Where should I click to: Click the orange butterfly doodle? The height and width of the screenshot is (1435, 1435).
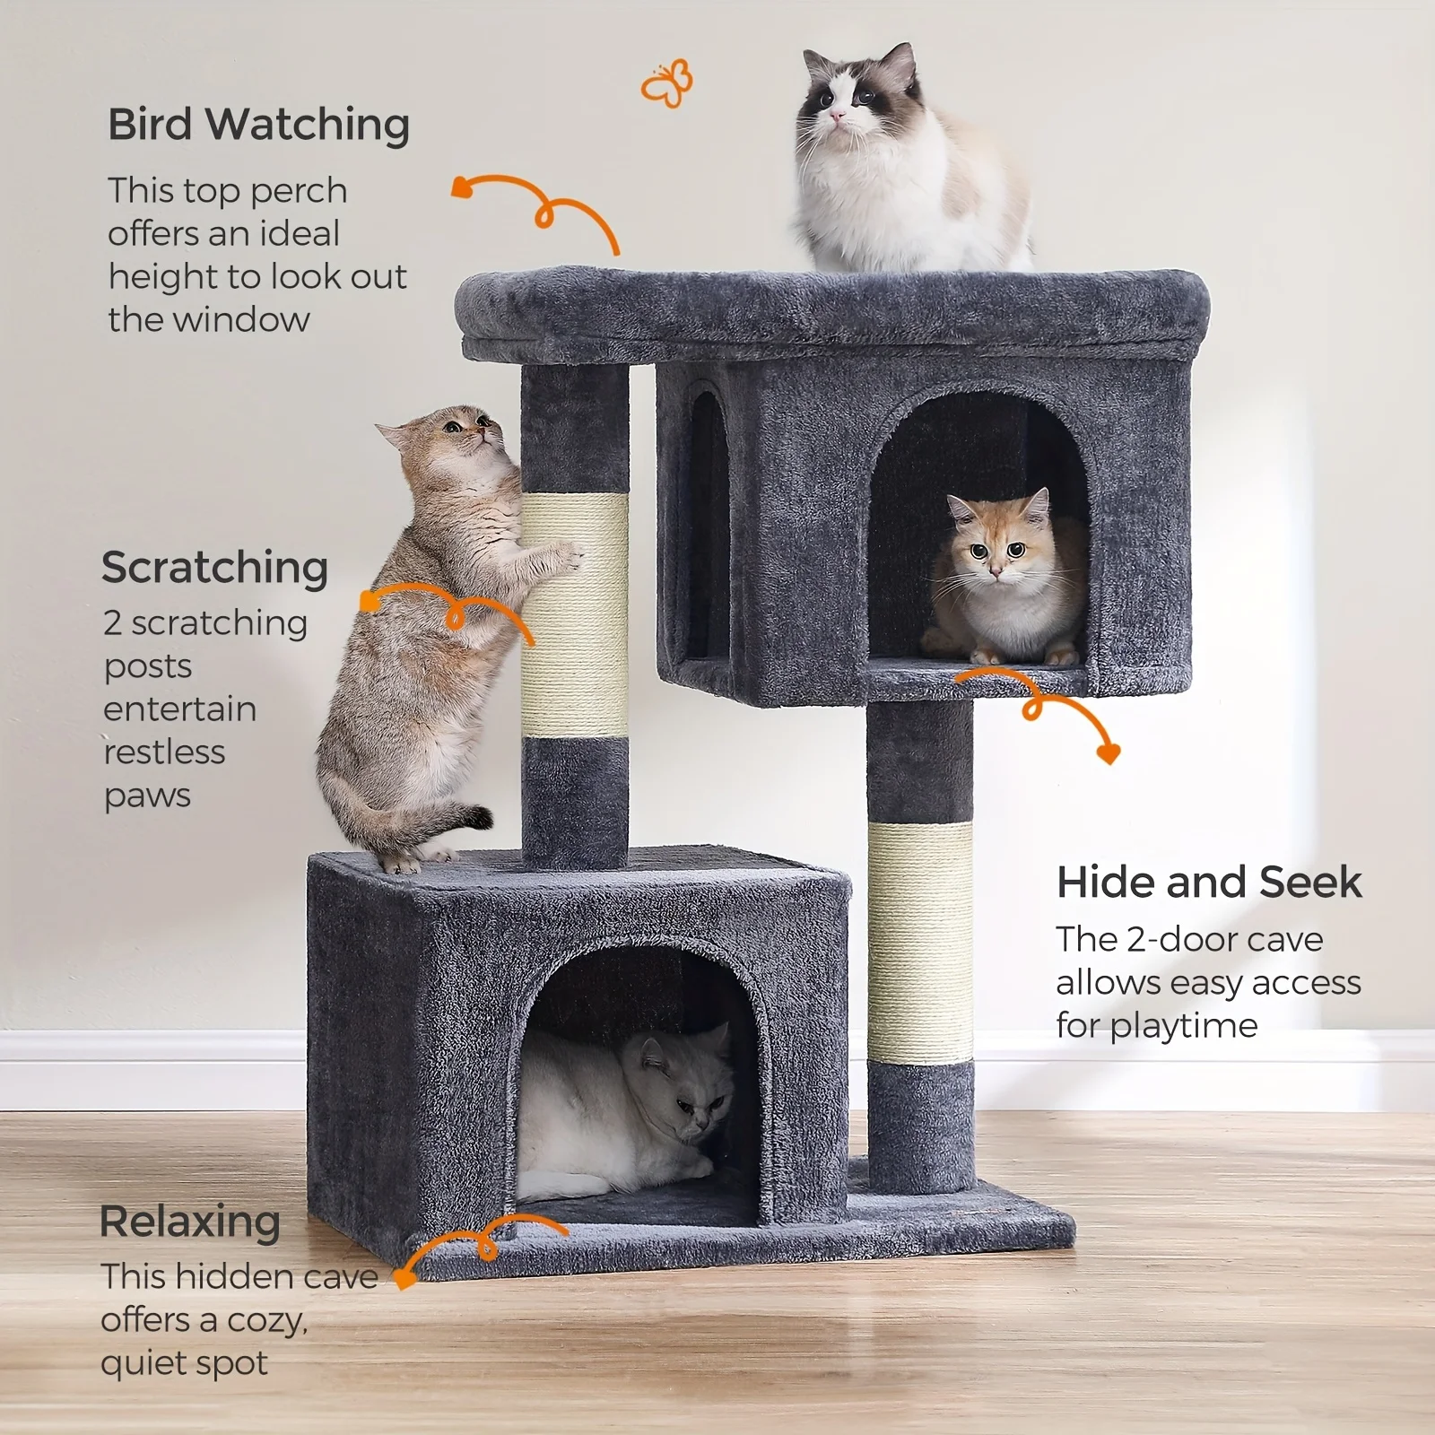tap(667, 83)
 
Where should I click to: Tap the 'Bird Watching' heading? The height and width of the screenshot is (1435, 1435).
tap(258, 124)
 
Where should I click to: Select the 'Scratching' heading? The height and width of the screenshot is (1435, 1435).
tap(215, 568)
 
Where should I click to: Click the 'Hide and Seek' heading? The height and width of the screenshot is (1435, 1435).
tap(1209, 882)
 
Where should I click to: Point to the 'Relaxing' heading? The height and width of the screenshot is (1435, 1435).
tap(190, 1222)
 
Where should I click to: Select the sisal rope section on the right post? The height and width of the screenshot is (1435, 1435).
tap(920, 942)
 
